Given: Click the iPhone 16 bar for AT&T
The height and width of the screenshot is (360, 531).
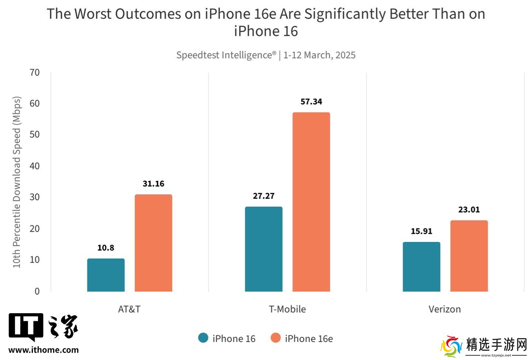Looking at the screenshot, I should coord(106,275).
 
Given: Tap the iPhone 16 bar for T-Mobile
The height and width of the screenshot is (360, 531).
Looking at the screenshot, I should coord(264,249).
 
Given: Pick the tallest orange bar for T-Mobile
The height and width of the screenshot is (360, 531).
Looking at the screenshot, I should coord(311,202).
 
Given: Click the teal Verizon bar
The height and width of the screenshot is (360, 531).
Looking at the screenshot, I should coord(421,267).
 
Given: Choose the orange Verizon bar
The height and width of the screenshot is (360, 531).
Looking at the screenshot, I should coord(469,256).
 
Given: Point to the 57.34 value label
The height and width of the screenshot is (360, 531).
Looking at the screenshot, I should coord(311,101).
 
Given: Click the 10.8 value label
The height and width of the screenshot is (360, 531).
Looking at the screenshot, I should coord(106,248).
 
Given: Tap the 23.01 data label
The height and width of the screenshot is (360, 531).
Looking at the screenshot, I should coord(469,210).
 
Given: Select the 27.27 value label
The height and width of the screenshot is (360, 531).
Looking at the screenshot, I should coord(264,196).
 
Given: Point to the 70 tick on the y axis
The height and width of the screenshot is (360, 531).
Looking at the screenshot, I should coord(35,72).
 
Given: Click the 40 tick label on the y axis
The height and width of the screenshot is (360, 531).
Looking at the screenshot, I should coord(35,166).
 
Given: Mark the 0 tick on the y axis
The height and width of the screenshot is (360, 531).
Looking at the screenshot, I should coord(37,291).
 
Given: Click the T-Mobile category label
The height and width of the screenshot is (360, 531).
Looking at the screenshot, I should coord(287,309).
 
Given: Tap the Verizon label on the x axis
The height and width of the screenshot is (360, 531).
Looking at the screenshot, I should coord(445,309).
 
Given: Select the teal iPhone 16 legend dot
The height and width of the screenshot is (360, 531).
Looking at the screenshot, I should coord(203,338).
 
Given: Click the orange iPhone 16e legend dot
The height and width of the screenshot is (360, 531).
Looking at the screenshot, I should coord(275,338).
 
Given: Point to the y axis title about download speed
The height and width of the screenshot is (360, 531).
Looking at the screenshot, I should coord(17,182).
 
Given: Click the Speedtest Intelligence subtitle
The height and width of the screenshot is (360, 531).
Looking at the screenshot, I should coord(265,55).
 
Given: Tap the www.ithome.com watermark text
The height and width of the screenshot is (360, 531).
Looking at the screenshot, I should coord(44,350).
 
